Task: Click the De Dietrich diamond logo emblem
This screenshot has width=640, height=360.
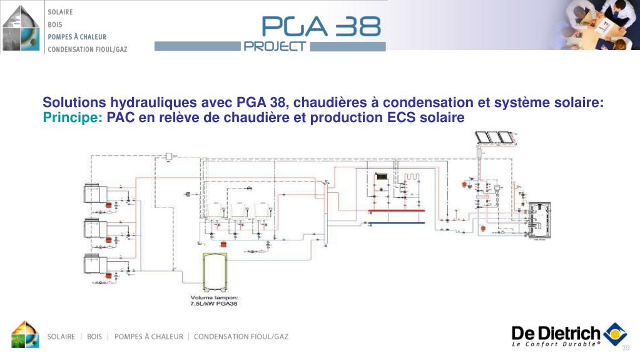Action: pos(615,334)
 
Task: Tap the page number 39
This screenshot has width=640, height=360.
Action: pos(625,348)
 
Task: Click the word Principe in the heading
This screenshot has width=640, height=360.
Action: pos(72,118)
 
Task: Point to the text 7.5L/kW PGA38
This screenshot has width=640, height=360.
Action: pos(214,304)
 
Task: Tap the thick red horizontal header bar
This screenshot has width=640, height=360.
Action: pos(397,212)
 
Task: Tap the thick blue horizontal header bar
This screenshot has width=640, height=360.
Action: pos(397,222)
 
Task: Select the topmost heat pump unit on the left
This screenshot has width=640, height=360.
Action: pos(93,192)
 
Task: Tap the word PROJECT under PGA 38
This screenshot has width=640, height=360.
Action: pos(275,46)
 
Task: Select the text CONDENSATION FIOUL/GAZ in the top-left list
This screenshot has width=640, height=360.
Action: pos(88,49)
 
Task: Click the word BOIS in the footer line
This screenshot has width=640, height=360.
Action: pos(94,337)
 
